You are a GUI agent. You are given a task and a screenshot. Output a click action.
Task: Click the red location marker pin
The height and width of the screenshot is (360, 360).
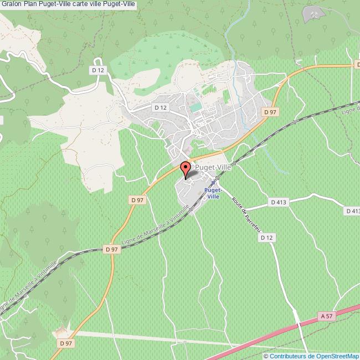186,167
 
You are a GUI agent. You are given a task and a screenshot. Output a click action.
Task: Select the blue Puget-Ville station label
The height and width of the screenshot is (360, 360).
213,192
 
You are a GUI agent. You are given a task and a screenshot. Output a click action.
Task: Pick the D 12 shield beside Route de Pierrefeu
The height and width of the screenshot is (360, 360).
266,237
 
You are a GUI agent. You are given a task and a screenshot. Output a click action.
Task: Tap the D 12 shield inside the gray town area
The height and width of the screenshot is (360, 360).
161,107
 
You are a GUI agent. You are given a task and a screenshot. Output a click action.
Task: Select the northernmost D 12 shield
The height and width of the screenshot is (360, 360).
98,70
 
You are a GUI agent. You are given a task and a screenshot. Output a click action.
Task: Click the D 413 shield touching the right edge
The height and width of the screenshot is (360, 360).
352,210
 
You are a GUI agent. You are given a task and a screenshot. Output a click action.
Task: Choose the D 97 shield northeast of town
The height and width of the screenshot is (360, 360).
270,112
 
